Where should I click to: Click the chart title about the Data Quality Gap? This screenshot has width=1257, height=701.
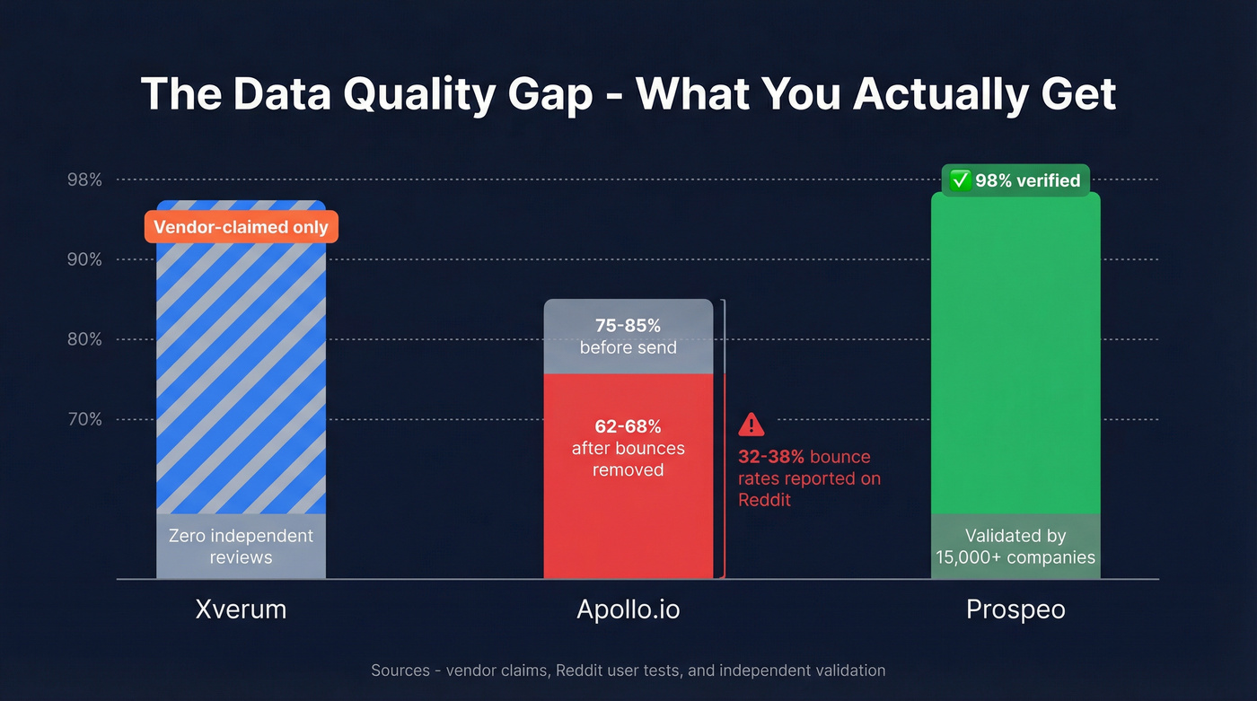[628, 94]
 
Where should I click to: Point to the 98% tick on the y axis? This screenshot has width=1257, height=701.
[84, 180]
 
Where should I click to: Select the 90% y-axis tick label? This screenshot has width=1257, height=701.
[84, 260]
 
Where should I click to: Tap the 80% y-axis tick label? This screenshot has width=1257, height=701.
[84, 340]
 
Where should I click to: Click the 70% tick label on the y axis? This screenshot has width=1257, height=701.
[84, 420]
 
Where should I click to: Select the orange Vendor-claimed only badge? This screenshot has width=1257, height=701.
[241, 227]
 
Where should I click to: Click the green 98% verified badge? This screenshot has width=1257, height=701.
[1015, 180]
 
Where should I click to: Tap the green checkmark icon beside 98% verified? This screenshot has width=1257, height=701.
[961, 180]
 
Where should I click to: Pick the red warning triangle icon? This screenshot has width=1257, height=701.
[751, 424]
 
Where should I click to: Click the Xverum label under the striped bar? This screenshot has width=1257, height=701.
[241, 610]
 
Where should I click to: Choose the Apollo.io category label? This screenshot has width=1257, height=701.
[628, 610]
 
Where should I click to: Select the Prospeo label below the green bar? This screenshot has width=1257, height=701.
[1015, 610]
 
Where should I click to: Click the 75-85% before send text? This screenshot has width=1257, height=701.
[628, 336]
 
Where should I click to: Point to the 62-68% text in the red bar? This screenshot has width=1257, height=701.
[628, 426]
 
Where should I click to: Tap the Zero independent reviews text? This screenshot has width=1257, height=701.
[241, 547]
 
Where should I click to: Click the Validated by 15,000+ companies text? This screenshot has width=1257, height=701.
[1015, 547]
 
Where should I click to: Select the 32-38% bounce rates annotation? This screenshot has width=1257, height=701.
[808, 478]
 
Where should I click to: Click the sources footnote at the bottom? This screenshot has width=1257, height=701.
[628, 670]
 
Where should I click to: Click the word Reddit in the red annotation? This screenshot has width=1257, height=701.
[764, 500]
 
